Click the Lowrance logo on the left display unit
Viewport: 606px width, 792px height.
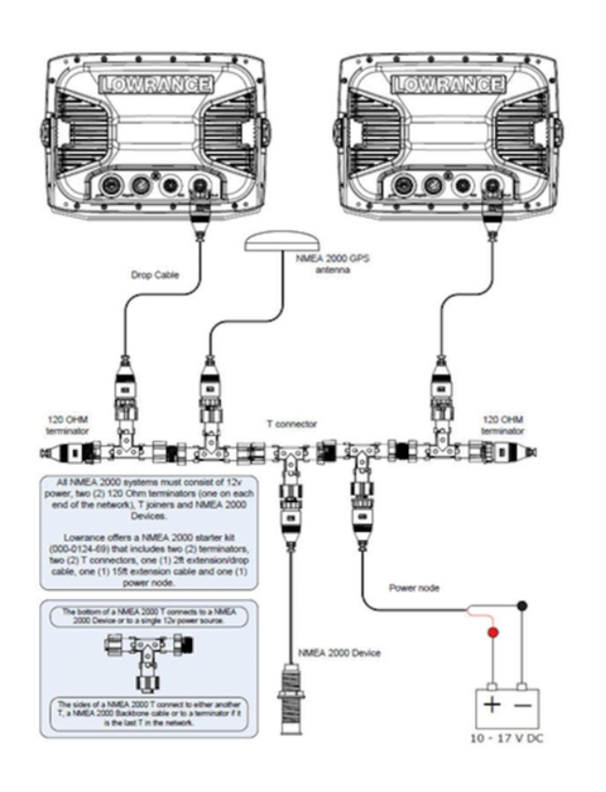click(x=155, y=83)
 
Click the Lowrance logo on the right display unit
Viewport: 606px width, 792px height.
click(x=446, y=83)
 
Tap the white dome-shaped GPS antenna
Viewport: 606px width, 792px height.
click(x=281, y=243)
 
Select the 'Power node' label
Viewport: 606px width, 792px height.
click(x=408, y=589)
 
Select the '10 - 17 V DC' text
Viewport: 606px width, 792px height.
click(x=504, y=737)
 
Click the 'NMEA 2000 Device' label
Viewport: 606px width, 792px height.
click(x=339, y=652)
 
